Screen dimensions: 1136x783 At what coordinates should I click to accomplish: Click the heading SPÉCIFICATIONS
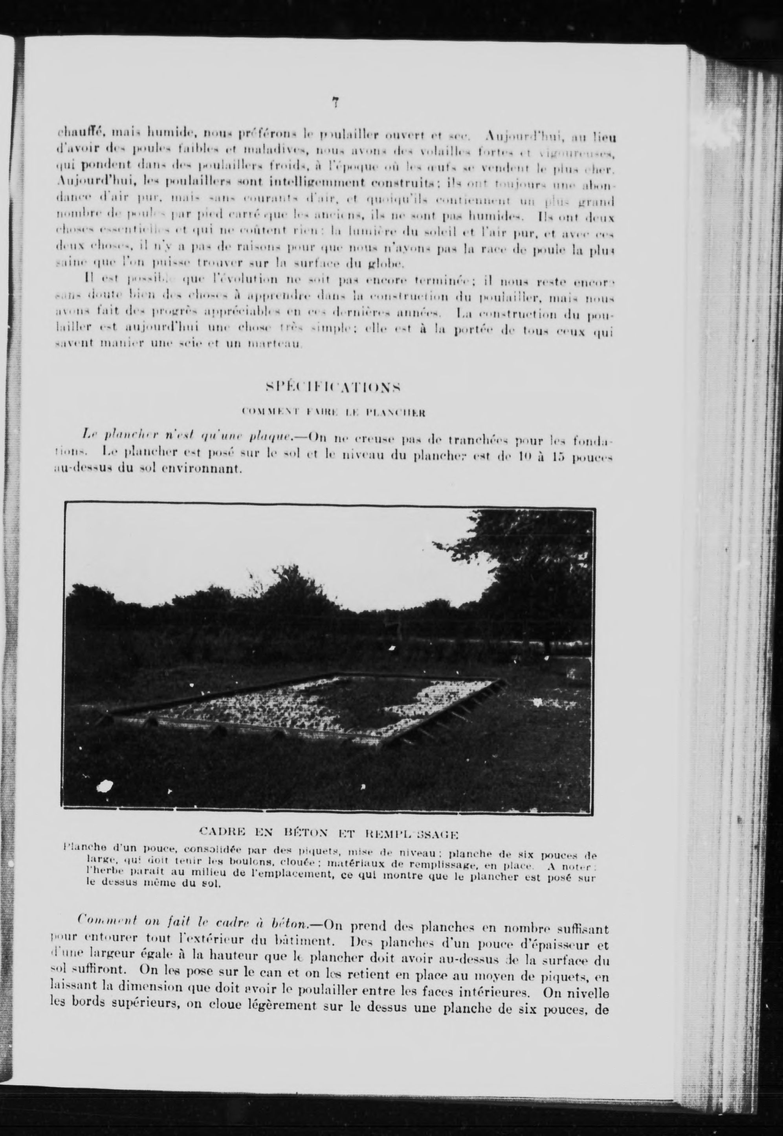(x=333, y=387)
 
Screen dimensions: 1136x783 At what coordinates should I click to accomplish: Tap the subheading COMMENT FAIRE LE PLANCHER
(x=333, y=412)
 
